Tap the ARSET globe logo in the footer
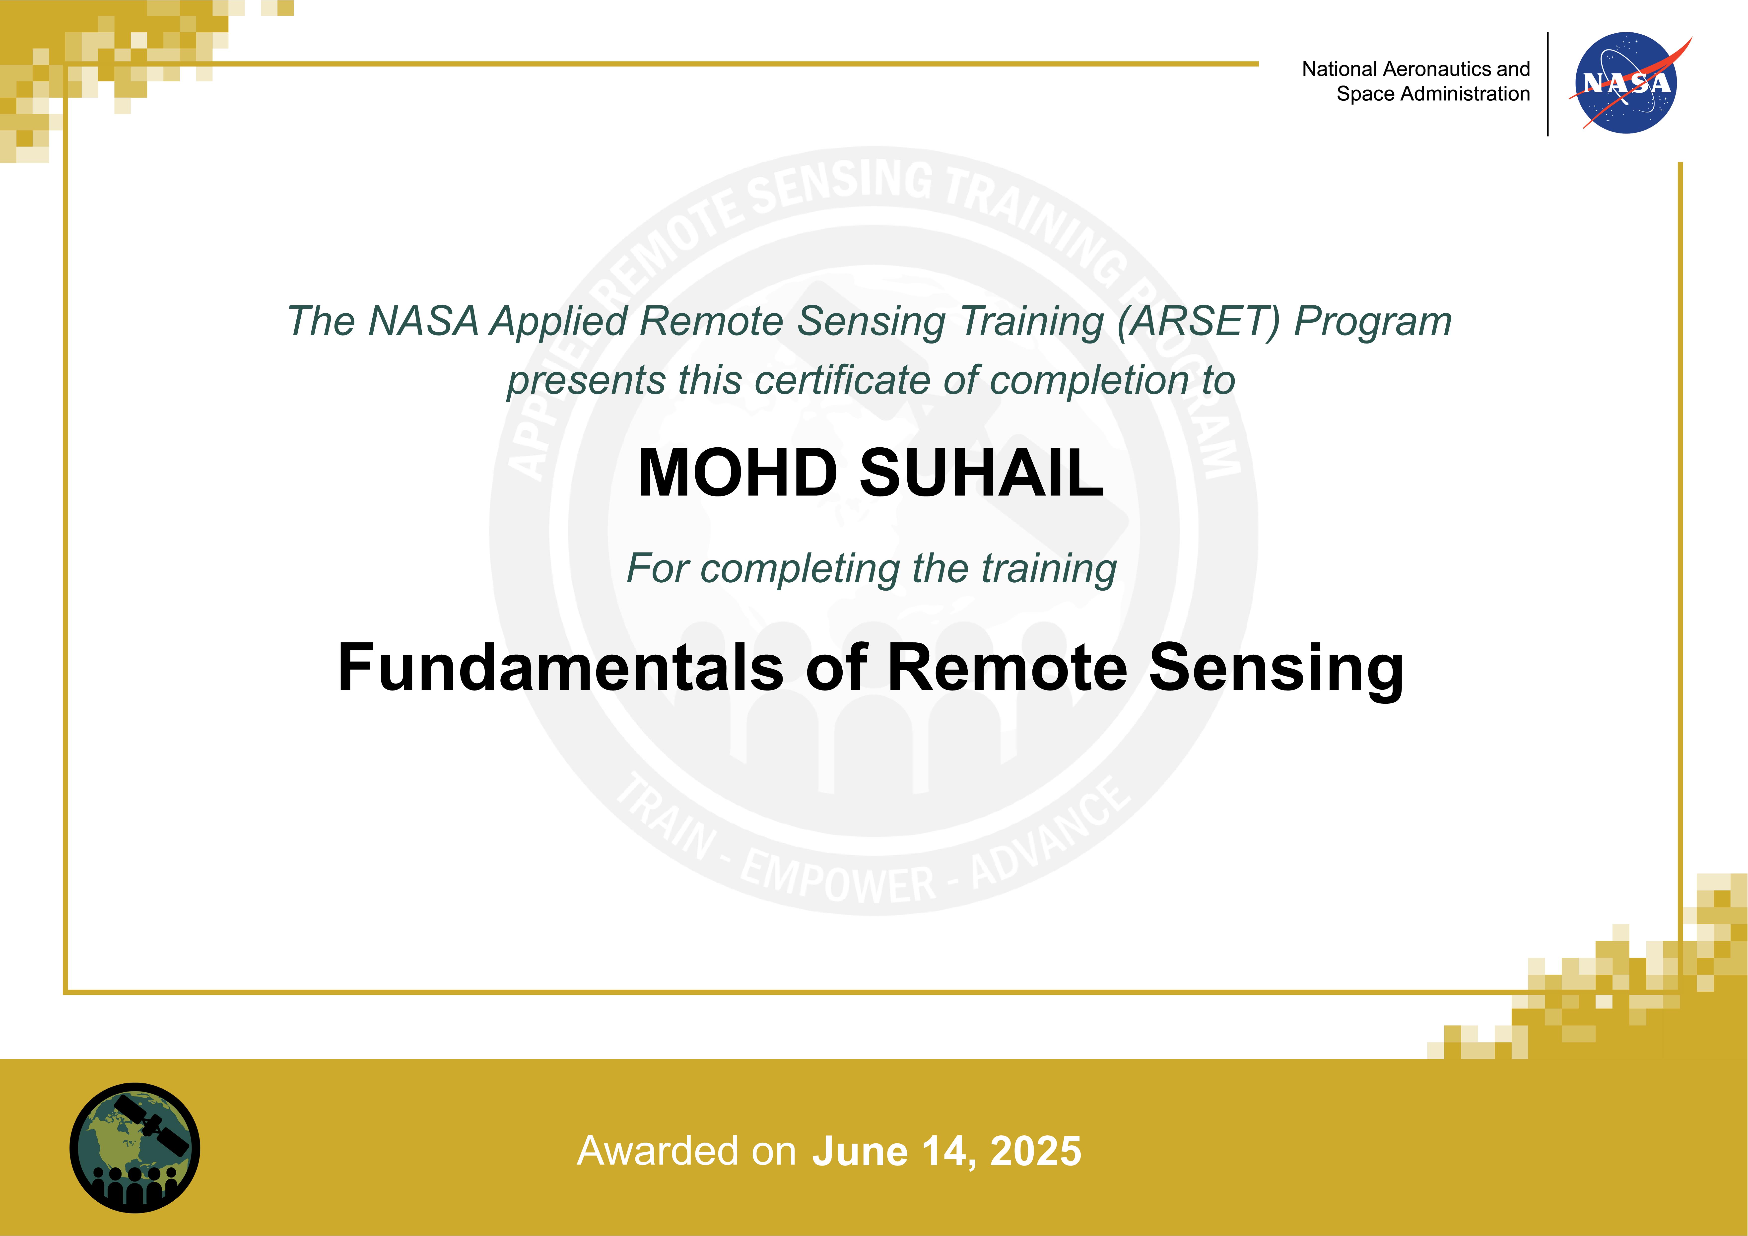click(135, 1148)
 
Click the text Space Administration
click(1433, 94)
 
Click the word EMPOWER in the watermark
click(837, 880)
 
